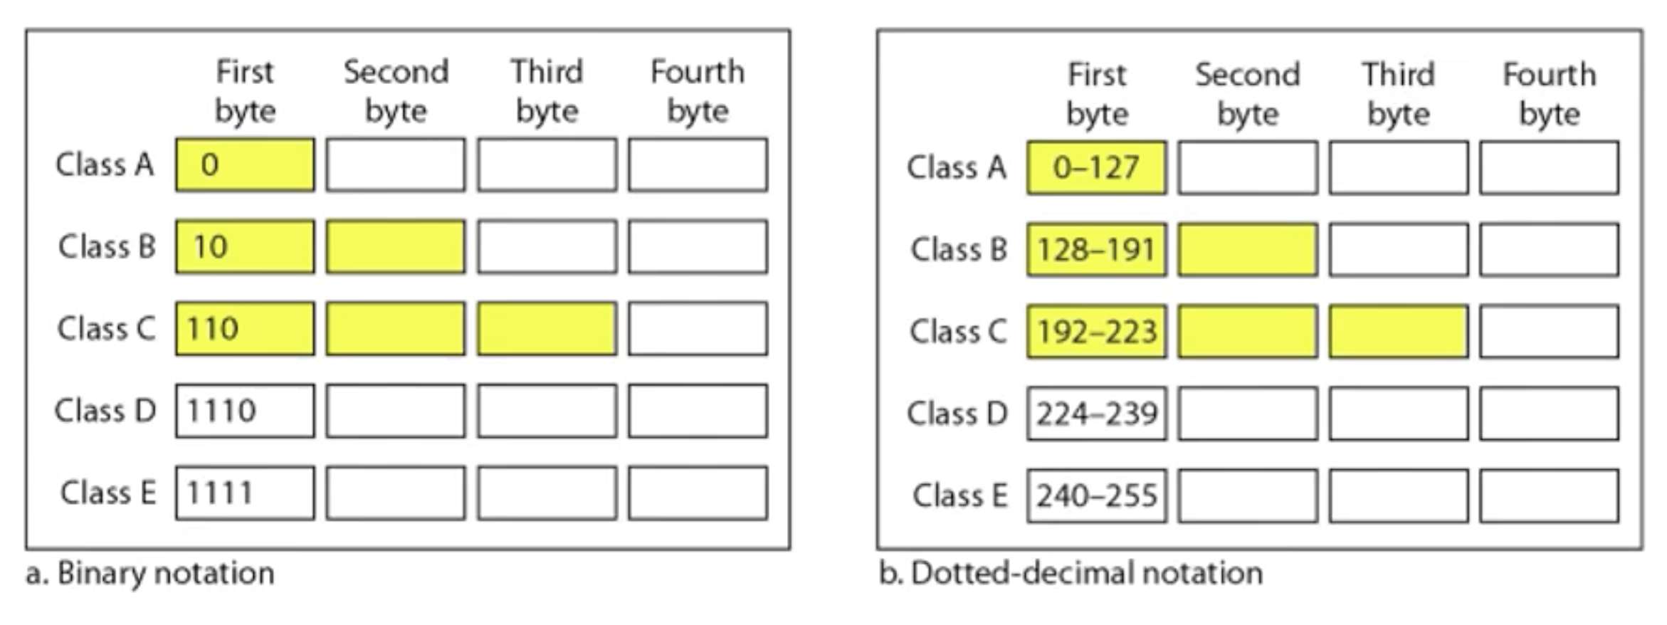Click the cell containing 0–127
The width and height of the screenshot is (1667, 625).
point(1096,168)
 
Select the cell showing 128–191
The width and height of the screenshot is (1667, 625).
point(1096,250)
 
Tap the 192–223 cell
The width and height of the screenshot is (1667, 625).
point(1096,332)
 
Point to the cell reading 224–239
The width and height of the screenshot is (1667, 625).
point(1096,414)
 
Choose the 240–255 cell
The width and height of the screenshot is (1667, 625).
point(1096,495)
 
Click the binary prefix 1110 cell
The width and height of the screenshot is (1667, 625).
point(245,411)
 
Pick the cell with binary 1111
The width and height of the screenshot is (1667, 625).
point(245,493)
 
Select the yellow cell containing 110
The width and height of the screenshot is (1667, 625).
point(245,329)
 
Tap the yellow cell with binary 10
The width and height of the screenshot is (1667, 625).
point(245,247)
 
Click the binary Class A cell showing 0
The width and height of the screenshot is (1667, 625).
point(245,165)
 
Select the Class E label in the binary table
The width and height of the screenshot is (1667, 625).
point(108,493)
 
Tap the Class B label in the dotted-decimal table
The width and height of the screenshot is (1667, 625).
point(959,250)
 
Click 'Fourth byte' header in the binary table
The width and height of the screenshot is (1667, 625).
point(698,92)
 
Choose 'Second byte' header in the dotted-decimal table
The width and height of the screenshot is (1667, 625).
point(1248,95)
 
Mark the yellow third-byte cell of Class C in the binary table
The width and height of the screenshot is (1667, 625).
point(547,329)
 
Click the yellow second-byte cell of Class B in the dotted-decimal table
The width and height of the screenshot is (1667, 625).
point(1247,250)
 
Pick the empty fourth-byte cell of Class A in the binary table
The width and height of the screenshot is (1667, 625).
point(698,165)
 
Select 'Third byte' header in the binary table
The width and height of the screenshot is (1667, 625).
point(547,92)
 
